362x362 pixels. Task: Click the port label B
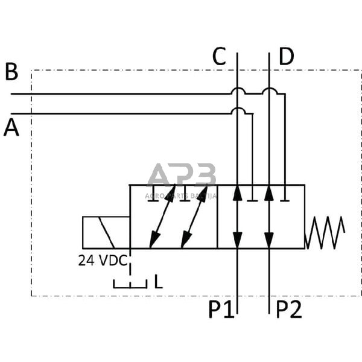click(x=11, y=72)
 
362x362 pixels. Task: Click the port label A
click(x=11, y=128)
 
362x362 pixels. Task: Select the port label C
click(x=220, y=57)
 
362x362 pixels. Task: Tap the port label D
click(x=287, y=57)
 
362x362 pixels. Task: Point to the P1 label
click(x=221, y=310)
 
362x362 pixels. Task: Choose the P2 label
click(x=288, y=310)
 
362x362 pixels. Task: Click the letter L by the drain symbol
click(x=157, y=281)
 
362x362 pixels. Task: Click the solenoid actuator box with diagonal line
click(x=106, y=232)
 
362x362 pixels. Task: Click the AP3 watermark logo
click(x=182, y=176)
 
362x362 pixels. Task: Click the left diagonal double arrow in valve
click(x=162, y=217)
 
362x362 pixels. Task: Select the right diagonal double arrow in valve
click(x=194, y=217)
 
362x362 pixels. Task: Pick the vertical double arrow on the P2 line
click(x=269, y=217)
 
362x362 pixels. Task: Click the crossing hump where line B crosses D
click(x=269, y=91)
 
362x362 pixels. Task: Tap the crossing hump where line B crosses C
click(x=238, y=91)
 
